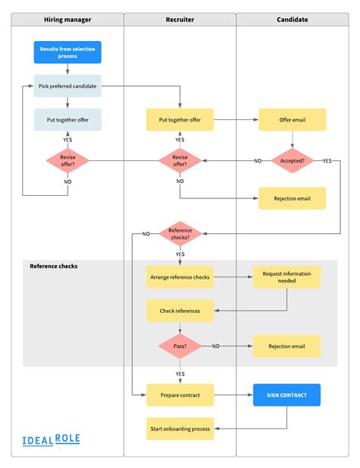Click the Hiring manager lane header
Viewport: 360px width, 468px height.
click(x=68, y=20)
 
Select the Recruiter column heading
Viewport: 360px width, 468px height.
click(x=180, y=20)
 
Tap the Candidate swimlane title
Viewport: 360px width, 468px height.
click(x=292, y=20)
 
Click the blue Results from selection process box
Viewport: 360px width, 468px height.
click(x=68, y=52)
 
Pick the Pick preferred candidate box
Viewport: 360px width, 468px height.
click(x=68, y=86)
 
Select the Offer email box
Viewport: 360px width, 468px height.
click(x=292, y=120)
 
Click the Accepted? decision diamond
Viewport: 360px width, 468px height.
click(x=292, y=161)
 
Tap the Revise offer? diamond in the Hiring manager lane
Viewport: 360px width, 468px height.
click(x=68, y=161)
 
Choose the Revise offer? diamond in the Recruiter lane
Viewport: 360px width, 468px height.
click(x=180, y=161)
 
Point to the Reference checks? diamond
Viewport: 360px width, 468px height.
click(x=180, y=234)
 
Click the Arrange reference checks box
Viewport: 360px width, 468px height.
click(x=180, y=277)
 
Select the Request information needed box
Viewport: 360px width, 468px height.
click(x=286, y=277)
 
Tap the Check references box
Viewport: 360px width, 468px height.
click(x=180, y=311)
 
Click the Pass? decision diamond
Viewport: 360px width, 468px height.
click(x=180, y=346)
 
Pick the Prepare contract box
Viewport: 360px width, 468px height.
click(x=180, y=395)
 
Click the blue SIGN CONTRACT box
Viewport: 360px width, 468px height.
click(x=286, y=395)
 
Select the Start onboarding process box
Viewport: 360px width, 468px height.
click(x=180, y=428)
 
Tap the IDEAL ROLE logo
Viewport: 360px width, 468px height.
click(x=52, y=440)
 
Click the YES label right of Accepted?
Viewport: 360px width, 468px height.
click(x=327, y=161)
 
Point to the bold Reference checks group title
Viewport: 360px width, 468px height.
click(x=54, y=266)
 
